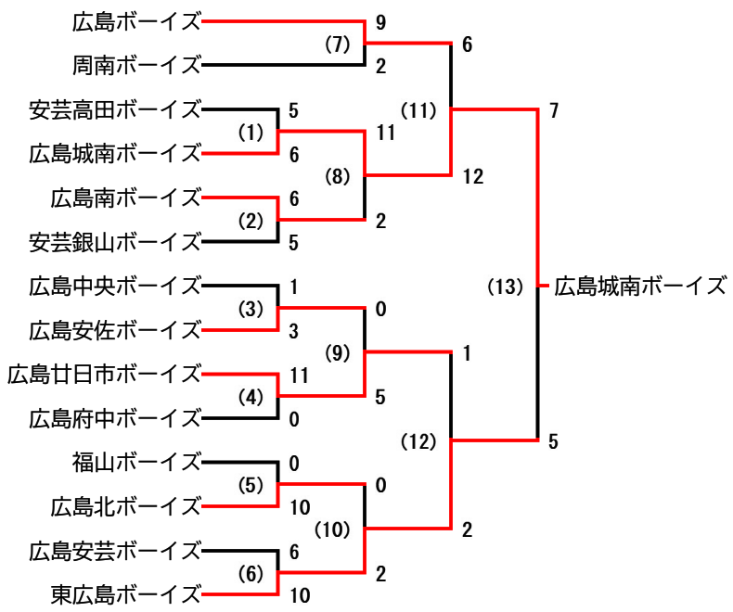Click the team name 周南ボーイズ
pyautogui.click(x=137, y=65)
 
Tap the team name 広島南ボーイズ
pyautogui.click(x=126, y=198)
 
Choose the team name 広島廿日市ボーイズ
pyautogui.click(x=104, y=374)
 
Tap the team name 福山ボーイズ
pyautogui.click(x=137, y=461)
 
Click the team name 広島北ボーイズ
pyautogui.click(x=126, y=506)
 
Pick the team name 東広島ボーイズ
pyautogui.click(x=126, y=593)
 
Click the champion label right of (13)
pyautogui.click(x=640, y=287)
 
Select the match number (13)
pyautogui.click(x=506, y=287)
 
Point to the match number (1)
pyautogui.click(x=251, y=133)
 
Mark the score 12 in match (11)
pyautogui.click(x=472, y=176)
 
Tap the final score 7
pyautogui.click(x=553, y=110)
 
